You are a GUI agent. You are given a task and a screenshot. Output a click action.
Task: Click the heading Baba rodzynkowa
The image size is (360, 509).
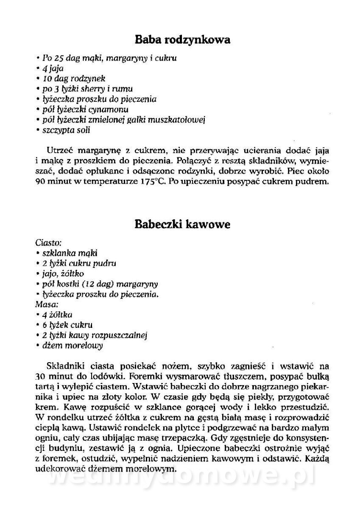point(182,40)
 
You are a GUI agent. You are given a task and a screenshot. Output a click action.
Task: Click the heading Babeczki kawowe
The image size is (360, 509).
point(182,224)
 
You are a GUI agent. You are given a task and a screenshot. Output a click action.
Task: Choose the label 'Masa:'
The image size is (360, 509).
point(46,304)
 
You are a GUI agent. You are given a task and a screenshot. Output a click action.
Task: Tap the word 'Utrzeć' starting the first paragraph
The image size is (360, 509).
point(59,151)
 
